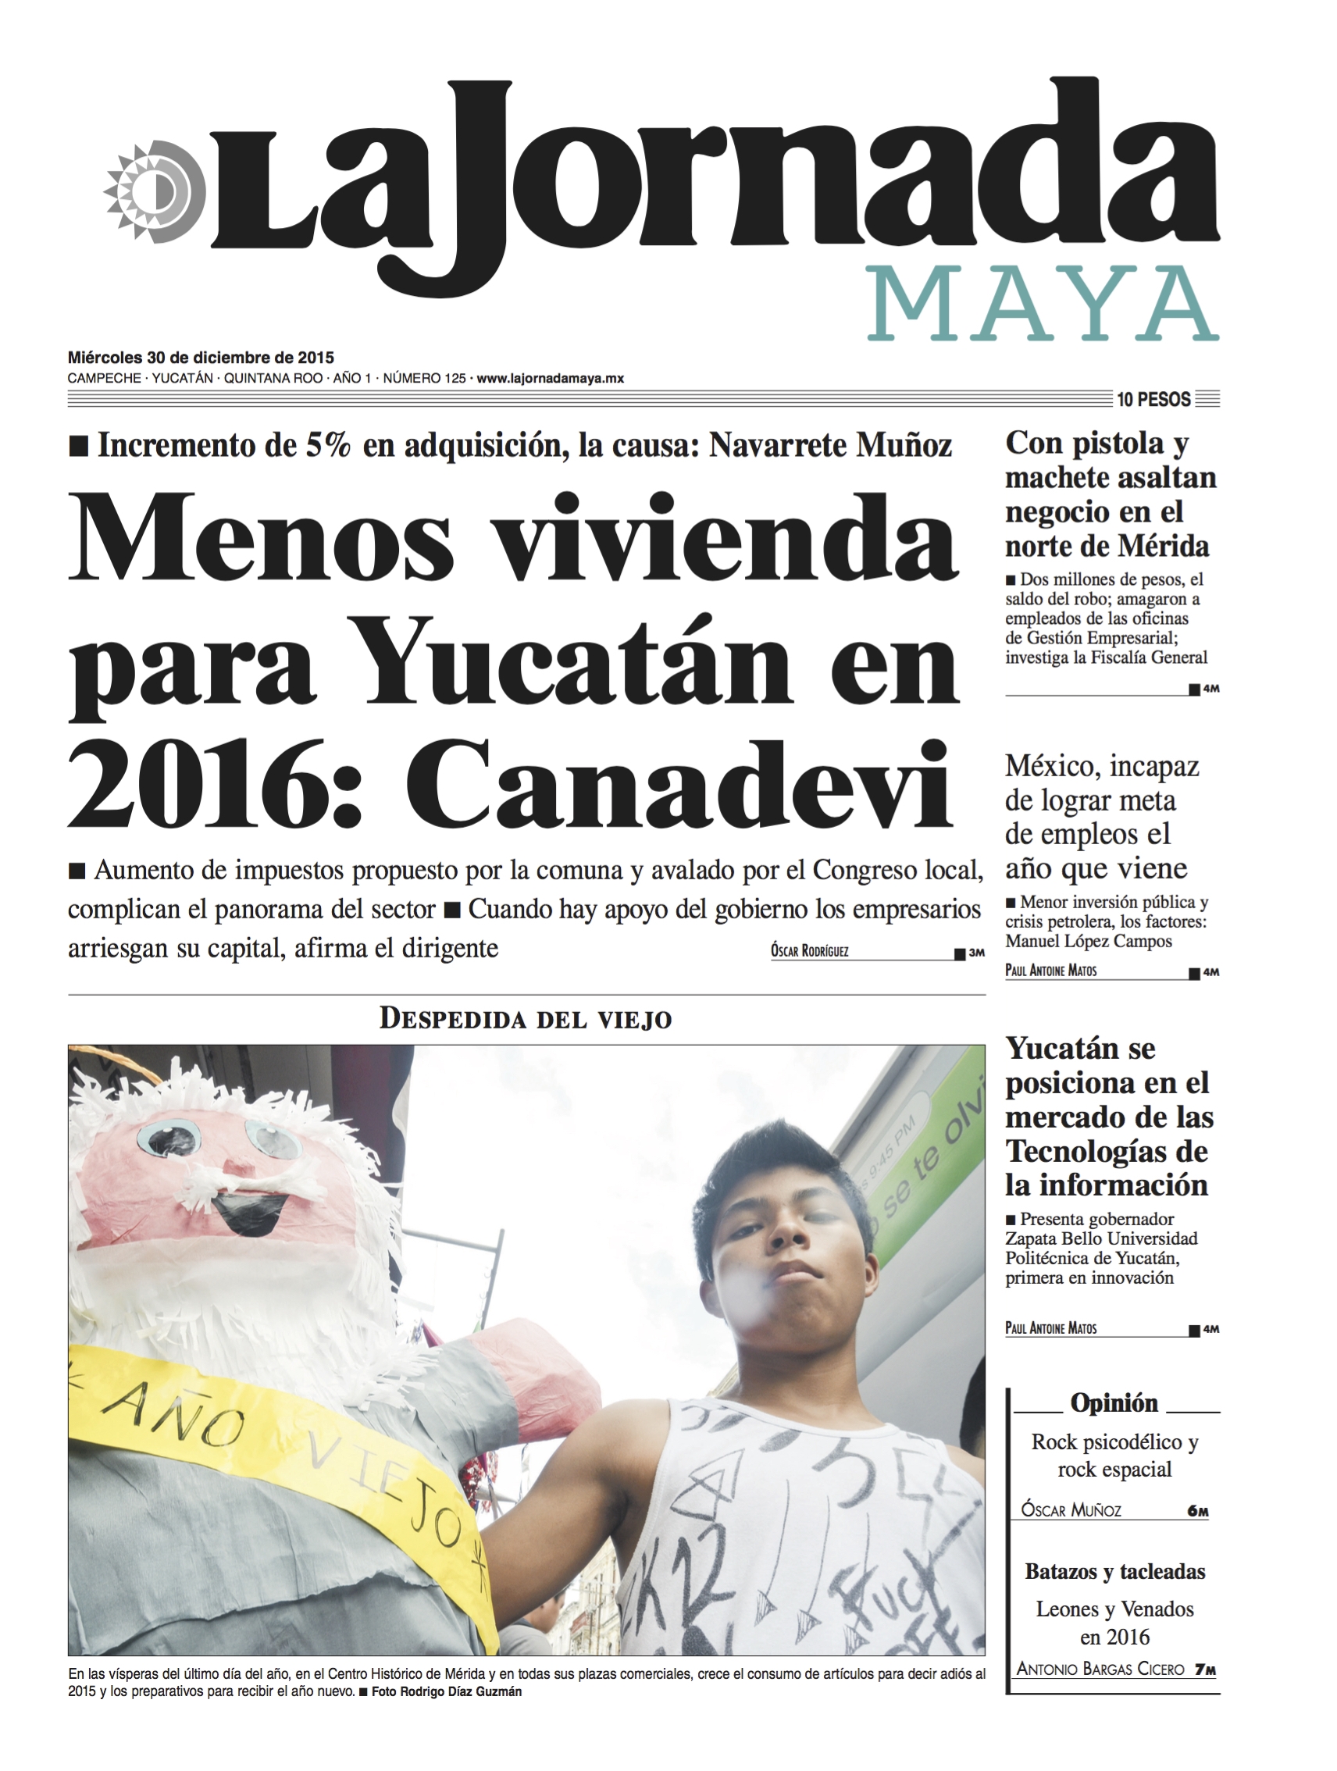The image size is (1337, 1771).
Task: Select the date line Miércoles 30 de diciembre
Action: coord(200,358)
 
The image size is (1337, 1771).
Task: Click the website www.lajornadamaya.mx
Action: coord(549,379)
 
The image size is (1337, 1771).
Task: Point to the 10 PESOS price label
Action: coord(1153,400)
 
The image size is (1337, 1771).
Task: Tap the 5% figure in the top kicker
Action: coord(327,446)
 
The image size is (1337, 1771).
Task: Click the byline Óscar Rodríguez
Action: coord(808,951)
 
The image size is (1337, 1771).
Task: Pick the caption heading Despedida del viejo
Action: coord(525,1018)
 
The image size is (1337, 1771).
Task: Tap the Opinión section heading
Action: coord(1114,1402)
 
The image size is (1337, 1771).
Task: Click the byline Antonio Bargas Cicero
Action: coord(1100,1669)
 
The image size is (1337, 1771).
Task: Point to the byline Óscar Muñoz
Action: coord(1071,1510)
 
